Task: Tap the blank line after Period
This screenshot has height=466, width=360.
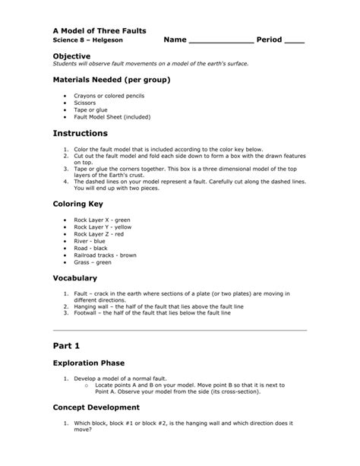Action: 294,41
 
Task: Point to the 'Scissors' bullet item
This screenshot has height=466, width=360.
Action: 87,103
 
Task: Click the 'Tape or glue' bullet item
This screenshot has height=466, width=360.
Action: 90,109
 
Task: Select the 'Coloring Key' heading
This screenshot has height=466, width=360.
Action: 80,204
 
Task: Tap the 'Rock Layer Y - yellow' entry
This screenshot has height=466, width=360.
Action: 103,227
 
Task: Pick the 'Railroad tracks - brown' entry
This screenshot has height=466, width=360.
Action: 105,256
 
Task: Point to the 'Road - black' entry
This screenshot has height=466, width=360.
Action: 92,249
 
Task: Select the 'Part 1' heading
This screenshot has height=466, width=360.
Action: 67,345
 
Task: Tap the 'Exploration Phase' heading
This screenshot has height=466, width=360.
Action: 88,363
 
